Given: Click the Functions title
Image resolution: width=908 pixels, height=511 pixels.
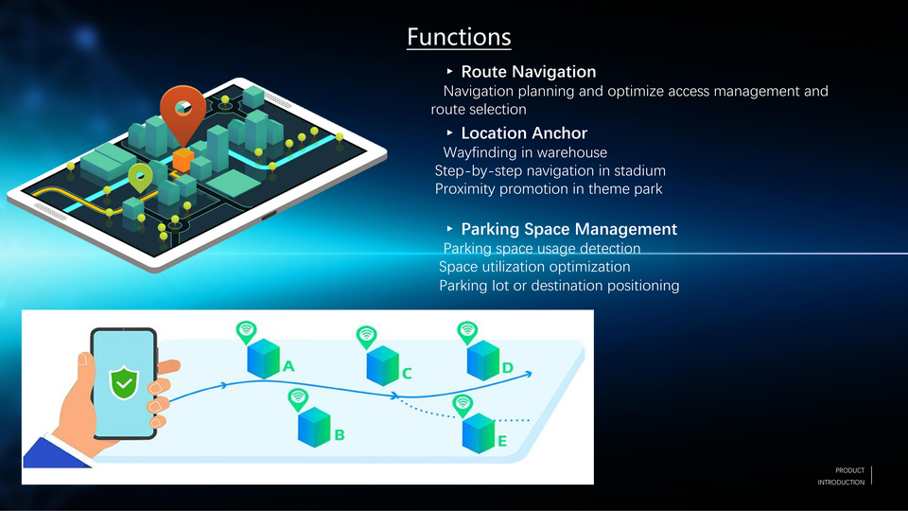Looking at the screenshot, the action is [x=459, y=37].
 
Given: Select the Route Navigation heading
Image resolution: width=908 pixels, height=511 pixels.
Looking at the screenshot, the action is [x=528, y=72].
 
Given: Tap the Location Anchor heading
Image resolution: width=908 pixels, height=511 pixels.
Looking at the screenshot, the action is [x=523, y=133].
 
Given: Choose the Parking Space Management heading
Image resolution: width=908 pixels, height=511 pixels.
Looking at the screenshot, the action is [x=568, y=229].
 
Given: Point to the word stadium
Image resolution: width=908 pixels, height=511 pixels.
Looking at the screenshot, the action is [x=639, y=171].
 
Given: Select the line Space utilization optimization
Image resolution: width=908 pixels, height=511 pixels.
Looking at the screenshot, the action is [x=534, y=267].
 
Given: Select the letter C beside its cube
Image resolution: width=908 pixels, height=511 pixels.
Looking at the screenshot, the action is [x=407, y=374].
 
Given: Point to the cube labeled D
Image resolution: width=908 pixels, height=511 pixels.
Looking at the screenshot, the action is [x=482, y=360].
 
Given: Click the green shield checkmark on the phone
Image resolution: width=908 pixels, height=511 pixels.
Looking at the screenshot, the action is [x=123, y=381].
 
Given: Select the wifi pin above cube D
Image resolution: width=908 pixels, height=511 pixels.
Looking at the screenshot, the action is [x=467, y=331].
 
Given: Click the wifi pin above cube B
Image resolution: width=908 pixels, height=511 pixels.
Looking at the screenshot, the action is [x=298, y=398].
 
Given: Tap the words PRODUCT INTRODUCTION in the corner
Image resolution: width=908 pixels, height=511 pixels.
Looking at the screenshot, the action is [x=841, y=476].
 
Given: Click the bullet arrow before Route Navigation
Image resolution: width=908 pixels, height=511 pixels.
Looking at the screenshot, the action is [x=450, y=72].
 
